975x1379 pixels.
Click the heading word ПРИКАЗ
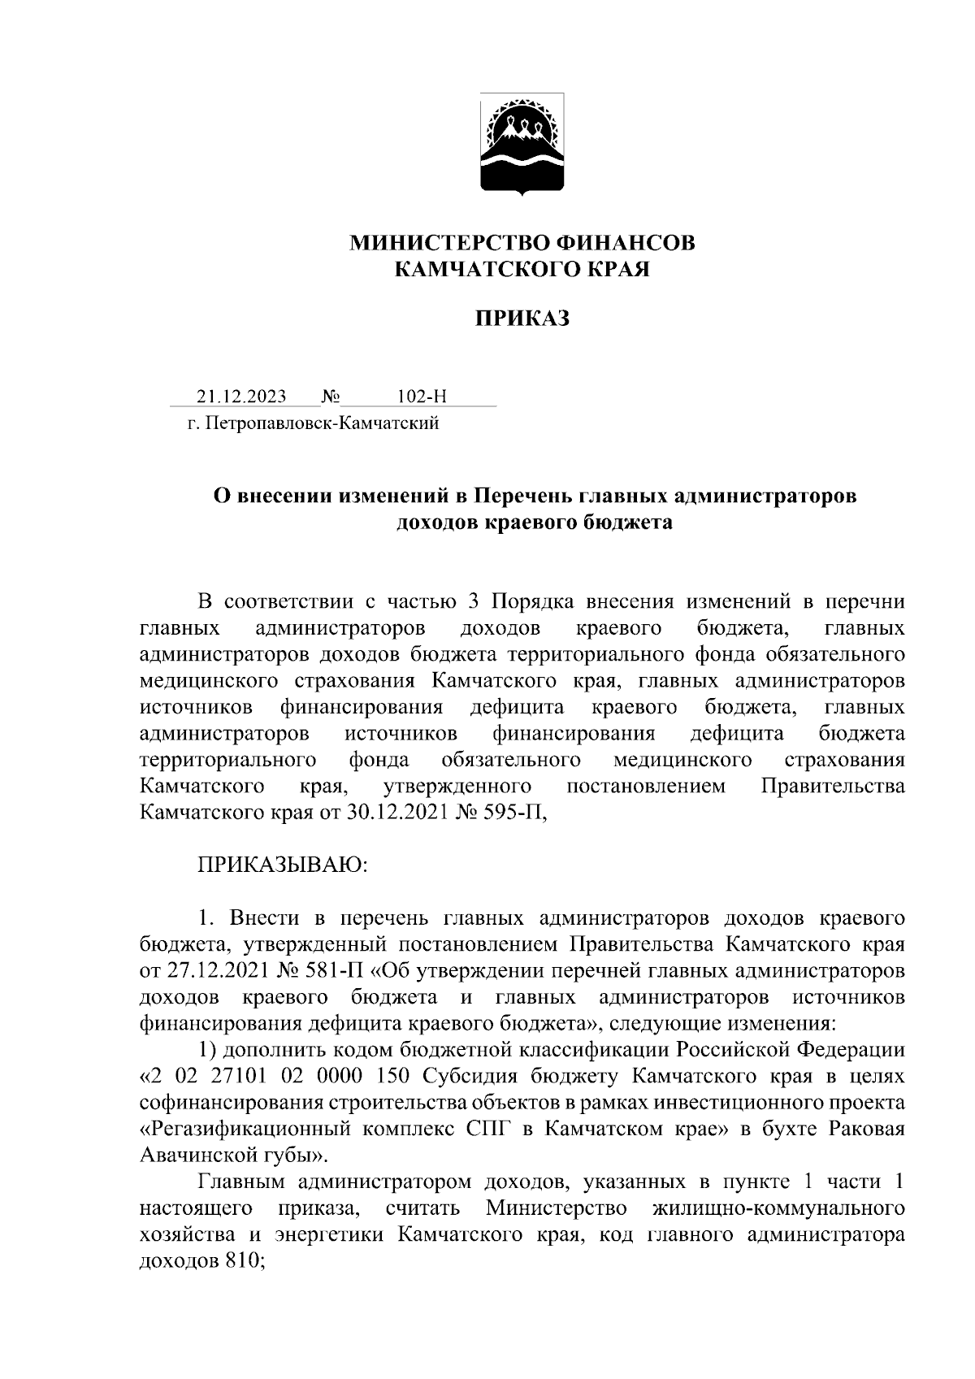click(522, 319)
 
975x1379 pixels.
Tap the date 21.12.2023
click(240, 397)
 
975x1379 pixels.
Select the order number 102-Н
click(422, 397)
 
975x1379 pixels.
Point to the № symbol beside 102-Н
click(331, 397)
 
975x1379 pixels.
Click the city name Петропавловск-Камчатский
click(322, 423)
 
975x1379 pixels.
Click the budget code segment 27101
click(241, 1076)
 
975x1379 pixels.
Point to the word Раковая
click(864, 1129)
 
